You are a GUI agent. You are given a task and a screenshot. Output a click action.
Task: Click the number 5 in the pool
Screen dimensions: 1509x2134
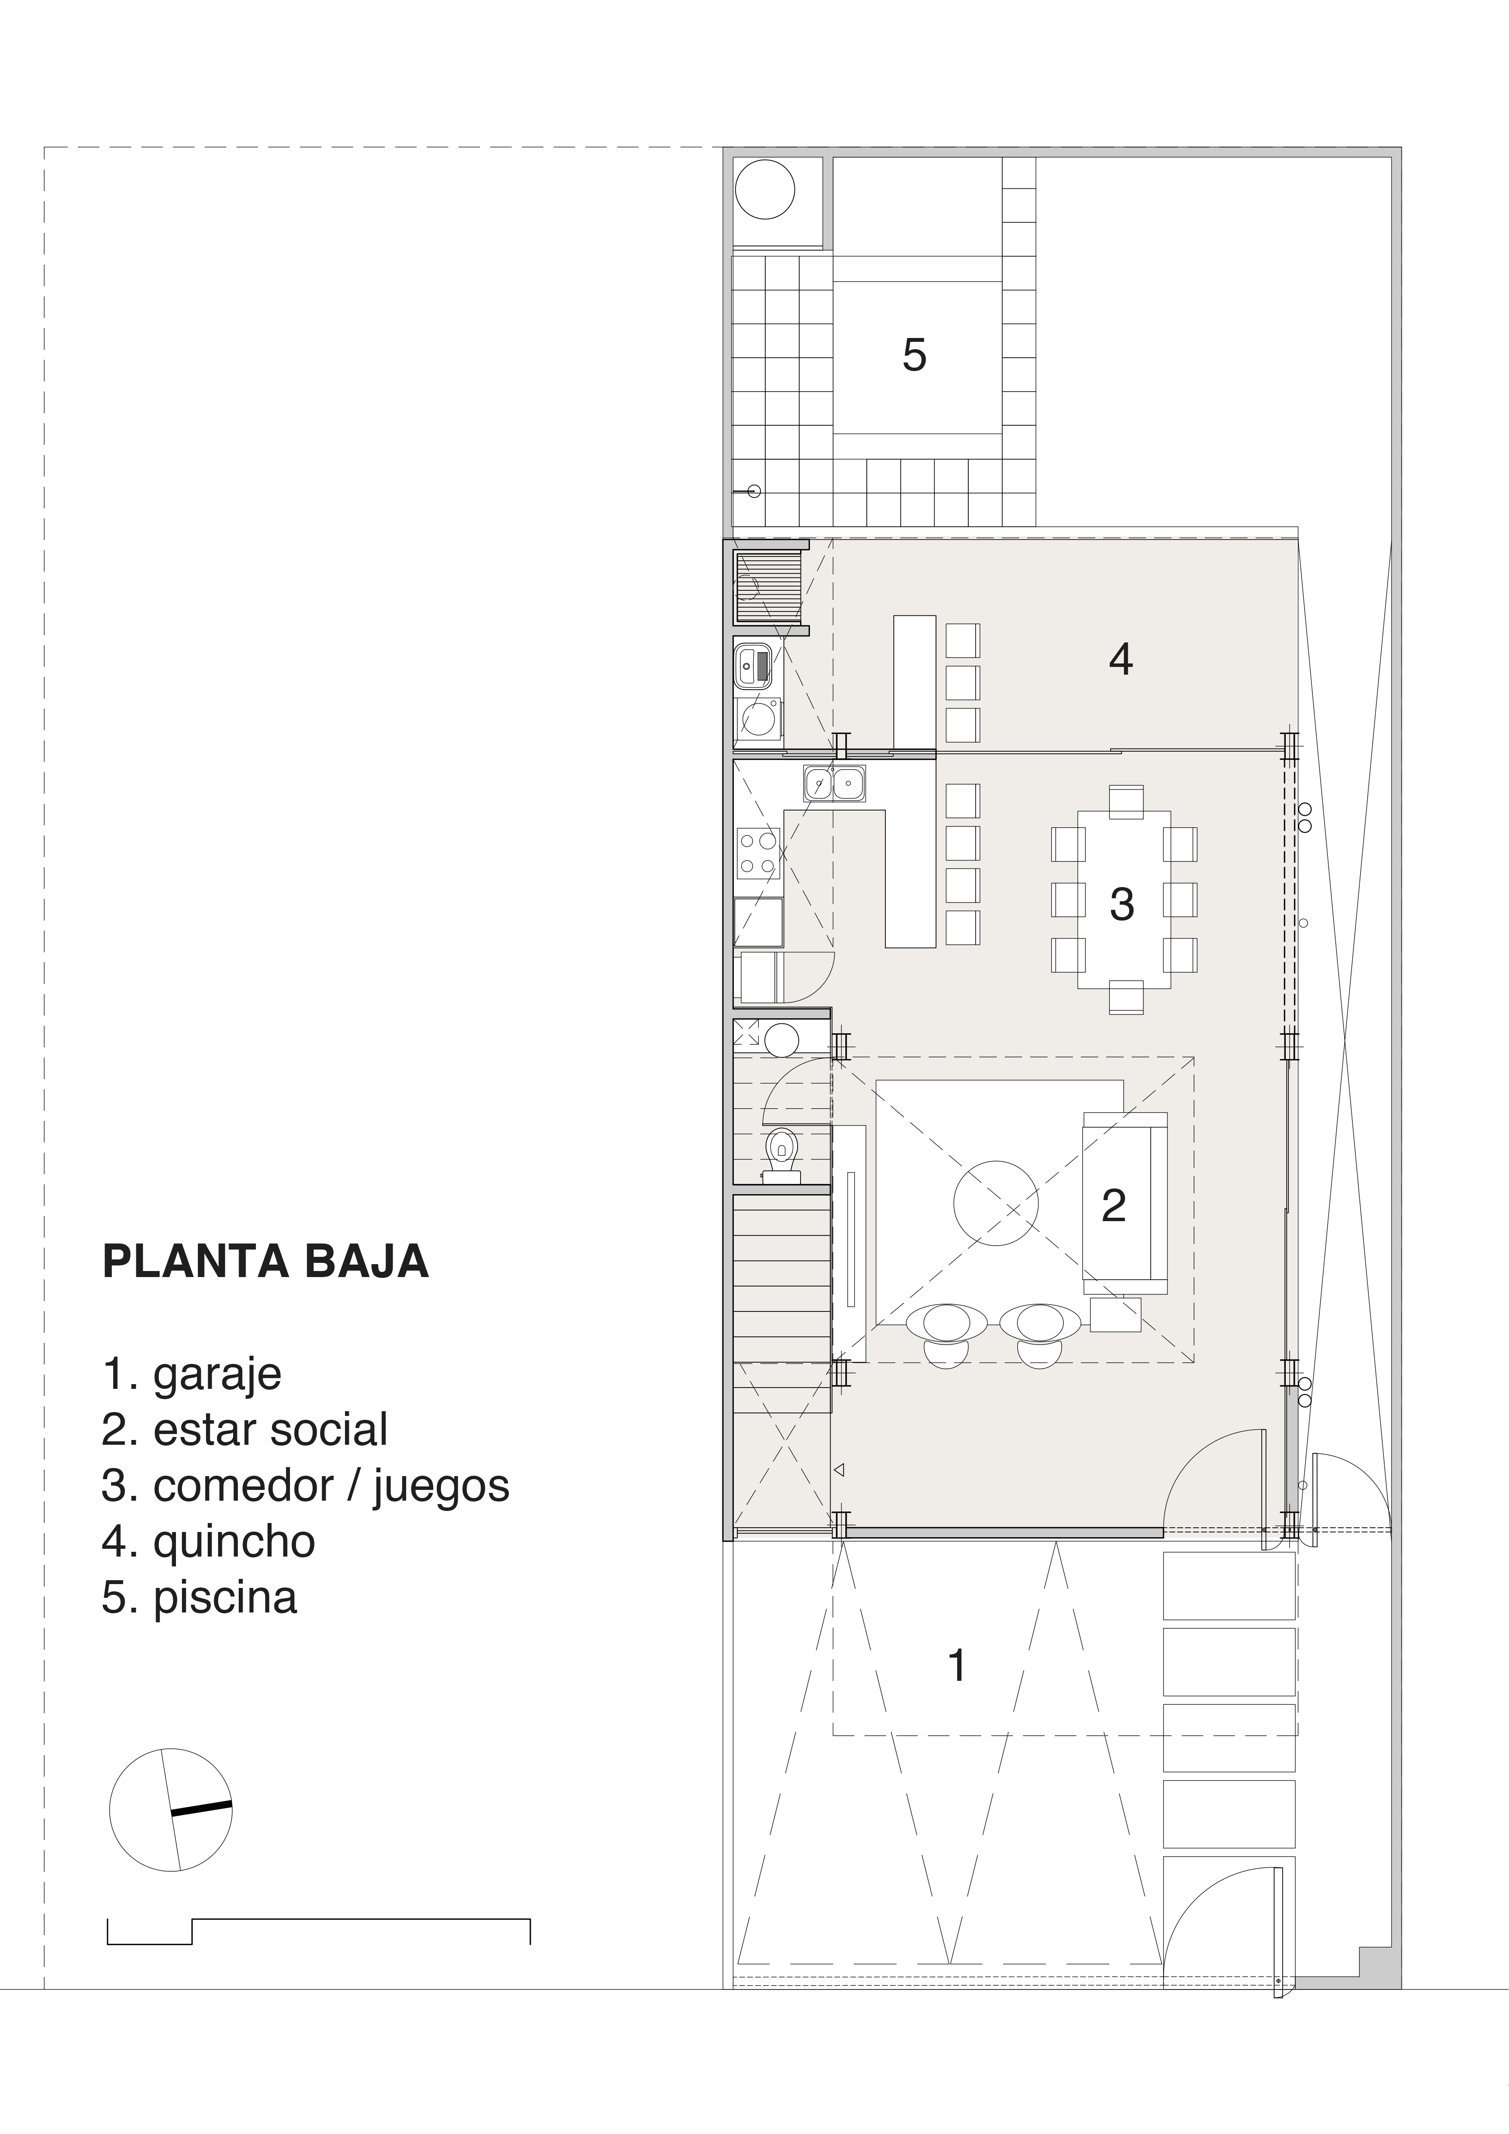[x=915, y=355]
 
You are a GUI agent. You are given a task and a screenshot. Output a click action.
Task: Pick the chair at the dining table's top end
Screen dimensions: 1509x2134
[x=1126, y=802]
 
